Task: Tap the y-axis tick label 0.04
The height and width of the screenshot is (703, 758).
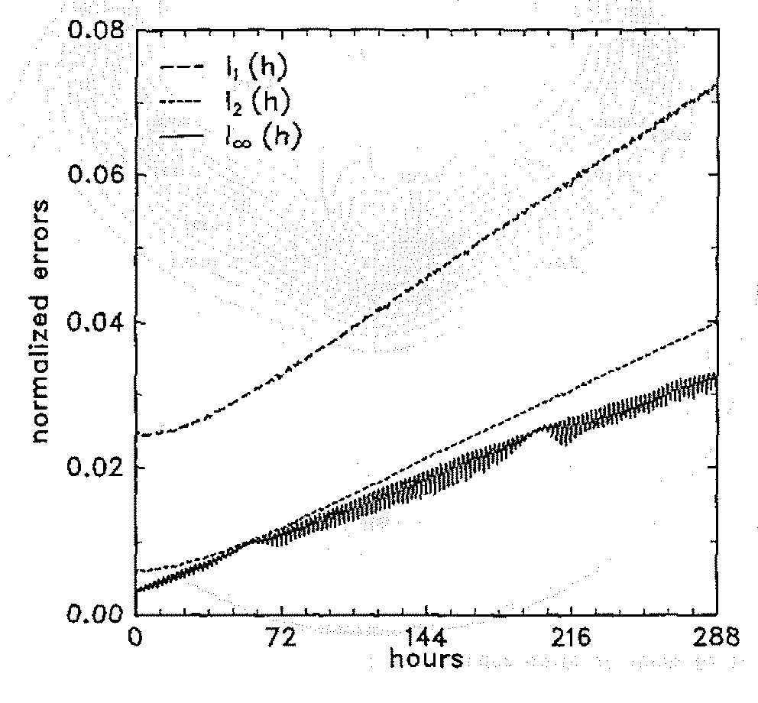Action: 94,322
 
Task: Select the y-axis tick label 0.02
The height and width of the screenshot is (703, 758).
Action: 94,468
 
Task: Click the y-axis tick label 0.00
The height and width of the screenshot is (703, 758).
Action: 94,613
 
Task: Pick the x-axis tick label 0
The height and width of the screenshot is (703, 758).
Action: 135,638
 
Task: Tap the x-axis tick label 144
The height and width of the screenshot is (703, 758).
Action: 426,638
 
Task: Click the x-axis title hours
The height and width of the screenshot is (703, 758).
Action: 426,658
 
